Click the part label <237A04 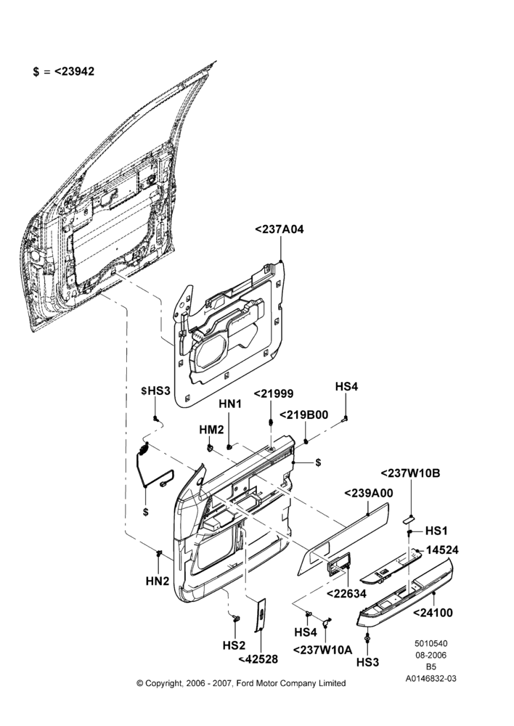[280, 229]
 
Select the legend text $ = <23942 [63, 71]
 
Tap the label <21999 [273, 394]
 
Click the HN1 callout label [230, 404]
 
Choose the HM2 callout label [211, 430]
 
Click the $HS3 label [155, 391]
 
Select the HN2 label [158, 581]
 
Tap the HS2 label [234, 645]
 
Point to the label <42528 [258, 659]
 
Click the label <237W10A [323, 650]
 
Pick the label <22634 [346, 593]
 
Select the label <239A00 [369, 493]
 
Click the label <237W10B [410, 473]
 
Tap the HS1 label [436, 531]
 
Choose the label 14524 [442, 550]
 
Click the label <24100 [433, 613]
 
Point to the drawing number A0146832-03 [431, 679]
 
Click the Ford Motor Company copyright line [241, 683]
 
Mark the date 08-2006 [431, 655]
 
